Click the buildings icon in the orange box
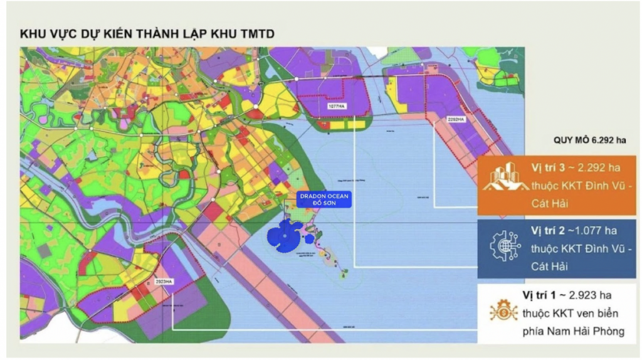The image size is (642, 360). coord(503,177)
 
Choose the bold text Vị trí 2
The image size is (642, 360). coord(546,230)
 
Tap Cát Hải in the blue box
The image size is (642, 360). coord(549,267)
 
